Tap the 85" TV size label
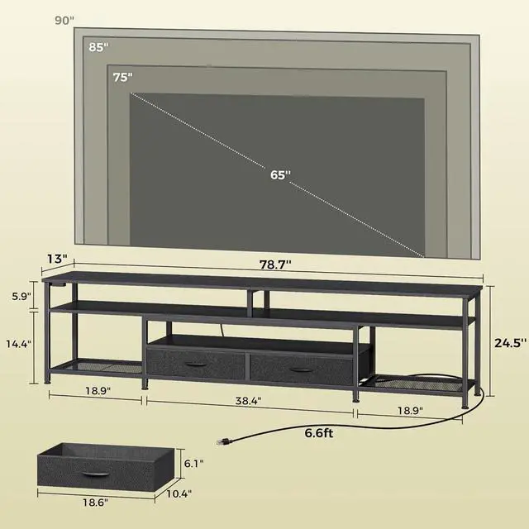click(98, 48)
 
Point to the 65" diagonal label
click(280, 174)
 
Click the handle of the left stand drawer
click(194, 365)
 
